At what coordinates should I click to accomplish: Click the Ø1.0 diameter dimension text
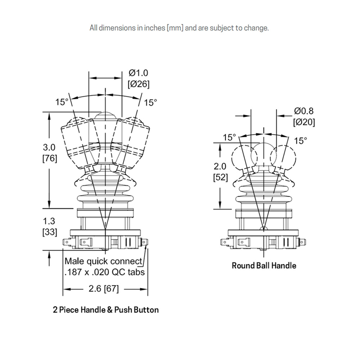(139, 73)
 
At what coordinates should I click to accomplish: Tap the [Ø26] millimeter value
(139, 84)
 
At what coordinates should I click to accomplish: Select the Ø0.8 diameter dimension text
(304, 111)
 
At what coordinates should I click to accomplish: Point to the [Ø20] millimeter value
(304, 122)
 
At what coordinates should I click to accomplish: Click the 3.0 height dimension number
(50, 147)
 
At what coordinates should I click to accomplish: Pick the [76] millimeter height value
(50, 158)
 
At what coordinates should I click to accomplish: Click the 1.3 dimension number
(50, 221)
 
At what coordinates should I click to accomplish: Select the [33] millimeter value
(50, 232)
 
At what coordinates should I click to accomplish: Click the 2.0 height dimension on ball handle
(220, 167)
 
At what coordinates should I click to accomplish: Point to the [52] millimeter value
(220, 177)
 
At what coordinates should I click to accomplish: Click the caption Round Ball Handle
(264, 266)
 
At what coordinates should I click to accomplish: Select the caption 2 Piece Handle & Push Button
(105, 310)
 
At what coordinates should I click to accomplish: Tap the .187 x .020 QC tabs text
(104, 272)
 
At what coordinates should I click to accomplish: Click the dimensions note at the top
(179, 28)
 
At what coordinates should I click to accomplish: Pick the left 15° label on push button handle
(62, 102)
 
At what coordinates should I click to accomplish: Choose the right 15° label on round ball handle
(301, 141)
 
